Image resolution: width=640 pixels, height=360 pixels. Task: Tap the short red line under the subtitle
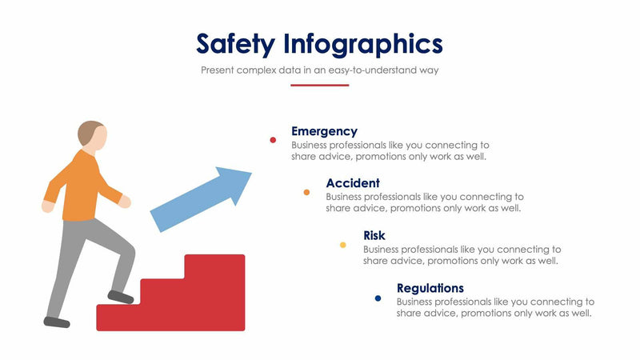[x=319, y=85]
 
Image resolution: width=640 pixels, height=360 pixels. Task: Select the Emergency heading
[x=324, y=131]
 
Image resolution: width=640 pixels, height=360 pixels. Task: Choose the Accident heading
[x=353, y=183]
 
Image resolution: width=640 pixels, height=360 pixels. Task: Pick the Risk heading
[x=374, y=235]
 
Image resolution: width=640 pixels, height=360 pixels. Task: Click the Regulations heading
[x=430, y=288]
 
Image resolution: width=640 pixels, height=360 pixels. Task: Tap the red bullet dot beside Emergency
[x=273, y=140]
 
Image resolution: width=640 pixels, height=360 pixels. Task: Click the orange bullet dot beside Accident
[x=306, y=192]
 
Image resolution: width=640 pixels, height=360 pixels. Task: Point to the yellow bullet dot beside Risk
[x=343, y=245]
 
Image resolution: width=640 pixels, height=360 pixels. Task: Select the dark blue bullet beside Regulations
[x=378, y=298]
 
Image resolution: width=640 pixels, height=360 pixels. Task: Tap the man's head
[x=92, y=135]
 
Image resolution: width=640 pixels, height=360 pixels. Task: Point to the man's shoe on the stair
[x=121, y=297]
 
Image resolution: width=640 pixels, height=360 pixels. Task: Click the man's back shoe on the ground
[x=57, y=322]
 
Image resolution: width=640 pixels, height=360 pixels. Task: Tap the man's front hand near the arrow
[x=125, y=202]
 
